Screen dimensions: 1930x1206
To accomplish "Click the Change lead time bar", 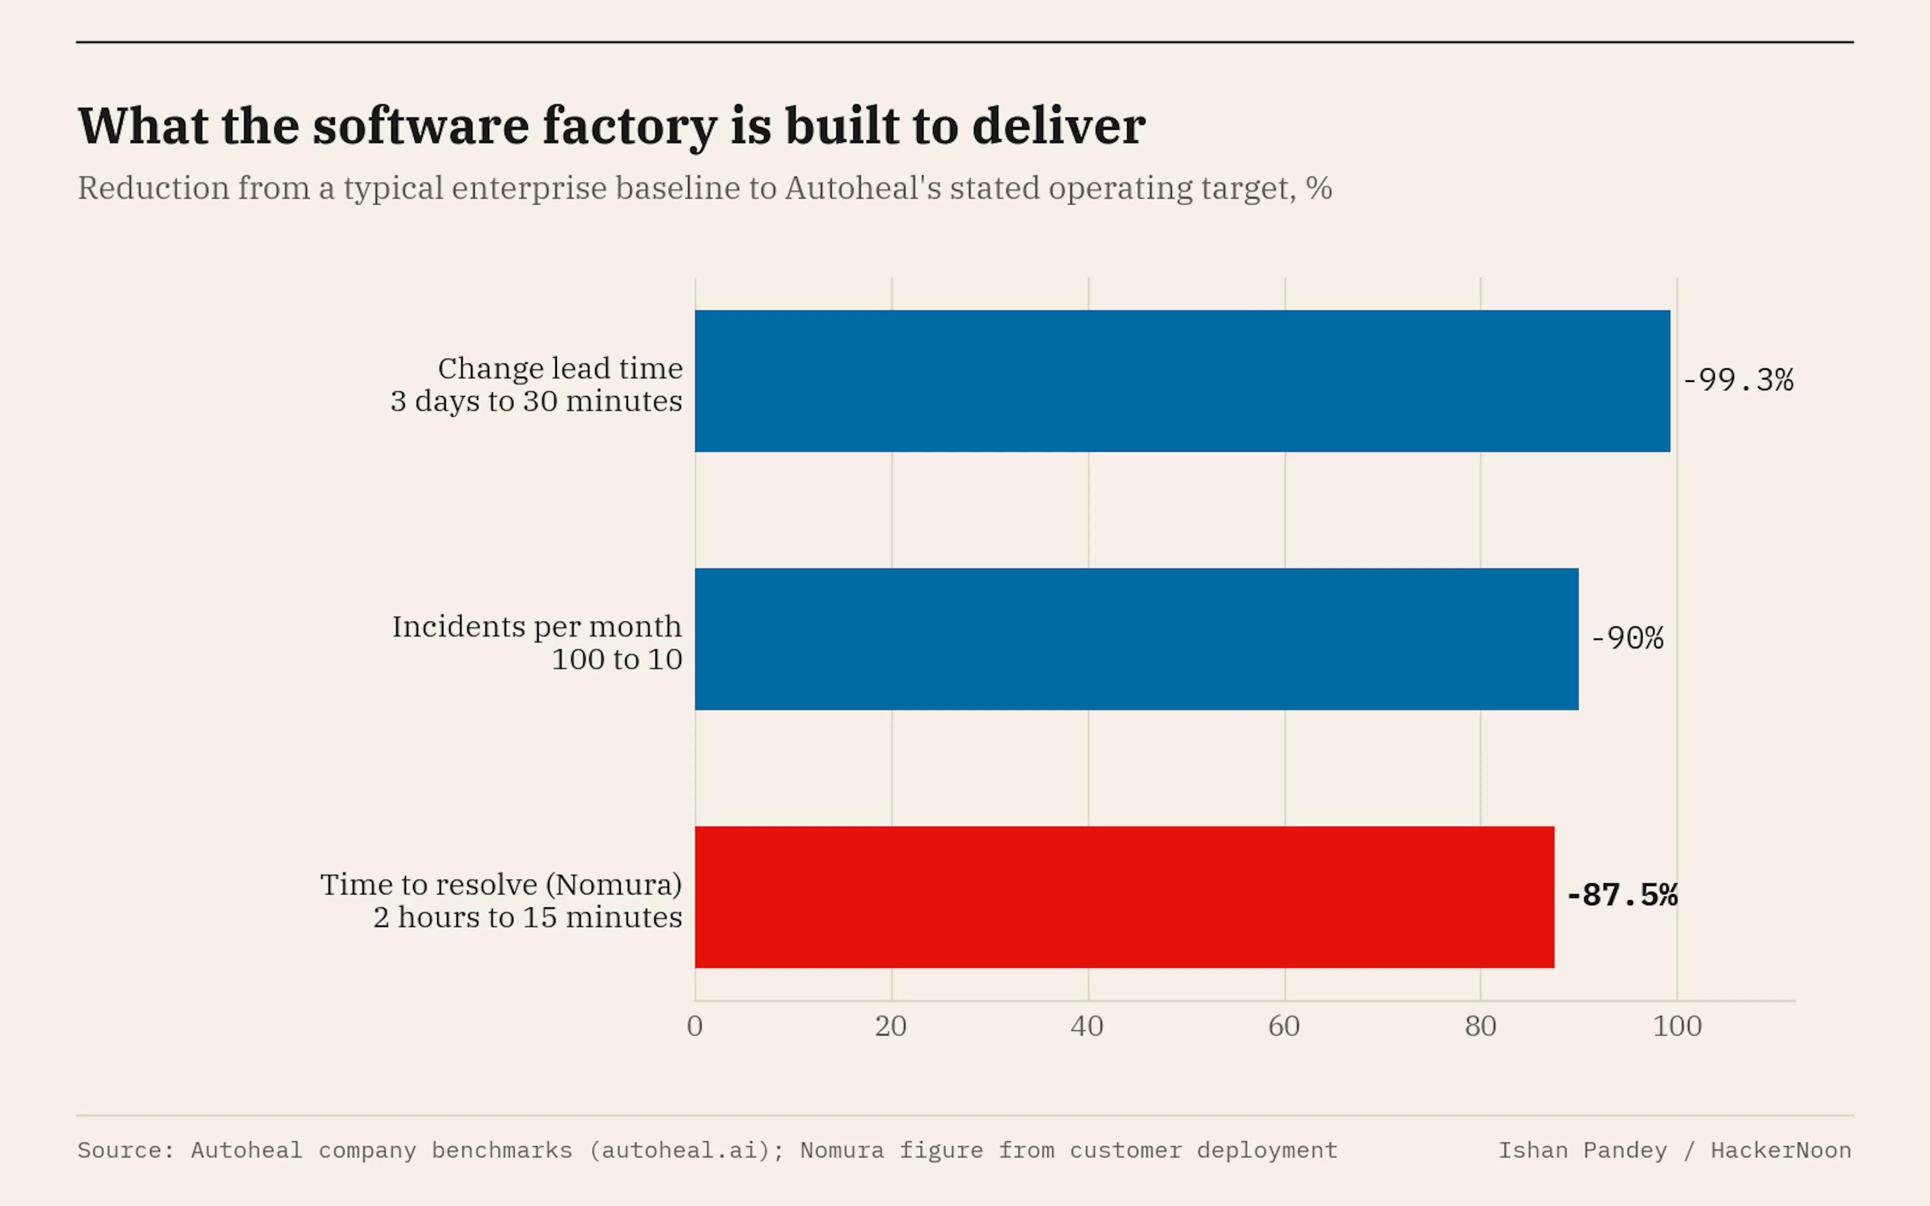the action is pos(1182,381).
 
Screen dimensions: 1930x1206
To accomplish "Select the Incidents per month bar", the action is pos(1136,639).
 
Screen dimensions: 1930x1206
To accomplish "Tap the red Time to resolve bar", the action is pos(1124,897).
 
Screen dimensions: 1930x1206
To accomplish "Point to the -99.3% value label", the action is pos(1738,380).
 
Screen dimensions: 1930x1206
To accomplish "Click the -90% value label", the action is pos(1627,638).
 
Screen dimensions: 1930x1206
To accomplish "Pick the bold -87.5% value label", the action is pos(1622,896).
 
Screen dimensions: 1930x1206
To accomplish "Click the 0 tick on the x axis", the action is pos(695,1026).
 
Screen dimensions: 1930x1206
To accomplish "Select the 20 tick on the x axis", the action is pos(891,1026).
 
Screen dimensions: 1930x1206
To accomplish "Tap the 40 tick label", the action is pos(1087,1026).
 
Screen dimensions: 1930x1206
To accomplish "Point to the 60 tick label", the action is pos(1284,1026).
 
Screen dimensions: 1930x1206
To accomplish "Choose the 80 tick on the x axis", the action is pos(1480,1026).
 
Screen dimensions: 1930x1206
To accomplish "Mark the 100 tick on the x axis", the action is pos(1677,1026).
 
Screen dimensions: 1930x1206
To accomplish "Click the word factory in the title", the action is pos(630,128).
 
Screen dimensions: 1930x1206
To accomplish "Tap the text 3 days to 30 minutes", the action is pos(536,401).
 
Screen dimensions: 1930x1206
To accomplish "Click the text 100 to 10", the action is pos(617,660).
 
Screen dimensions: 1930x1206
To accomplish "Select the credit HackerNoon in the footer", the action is pos(1781,1150).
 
